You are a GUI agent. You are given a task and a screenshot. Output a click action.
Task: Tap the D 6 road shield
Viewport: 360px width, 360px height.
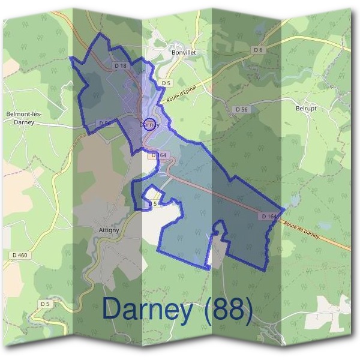tap(259, 50)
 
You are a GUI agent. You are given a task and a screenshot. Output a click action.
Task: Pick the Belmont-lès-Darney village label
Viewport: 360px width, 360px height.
tap(23, 117)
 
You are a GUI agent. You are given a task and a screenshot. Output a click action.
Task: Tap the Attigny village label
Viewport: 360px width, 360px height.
tap(109, 229)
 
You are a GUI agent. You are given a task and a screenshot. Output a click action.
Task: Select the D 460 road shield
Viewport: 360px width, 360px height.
tap(20, 255)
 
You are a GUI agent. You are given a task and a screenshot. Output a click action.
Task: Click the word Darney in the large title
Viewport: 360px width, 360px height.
tap(148, 308)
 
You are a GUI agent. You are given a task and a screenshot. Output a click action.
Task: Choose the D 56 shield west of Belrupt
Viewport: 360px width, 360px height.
tap(241, 109)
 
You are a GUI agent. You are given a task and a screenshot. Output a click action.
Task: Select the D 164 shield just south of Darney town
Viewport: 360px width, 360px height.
tap(158, 155)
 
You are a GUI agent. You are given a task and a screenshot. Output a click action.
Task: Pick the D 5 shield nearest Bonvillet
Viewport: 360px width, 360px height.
tap(166, 83)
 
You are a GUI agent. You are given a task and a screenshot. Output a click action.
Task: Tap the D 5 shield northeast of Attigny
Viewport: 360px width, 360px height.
tap(152, 204)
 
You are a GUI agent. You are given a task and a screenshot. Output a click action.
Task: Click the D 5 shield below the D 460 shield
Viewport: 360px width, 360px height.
tap(45, 304)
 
